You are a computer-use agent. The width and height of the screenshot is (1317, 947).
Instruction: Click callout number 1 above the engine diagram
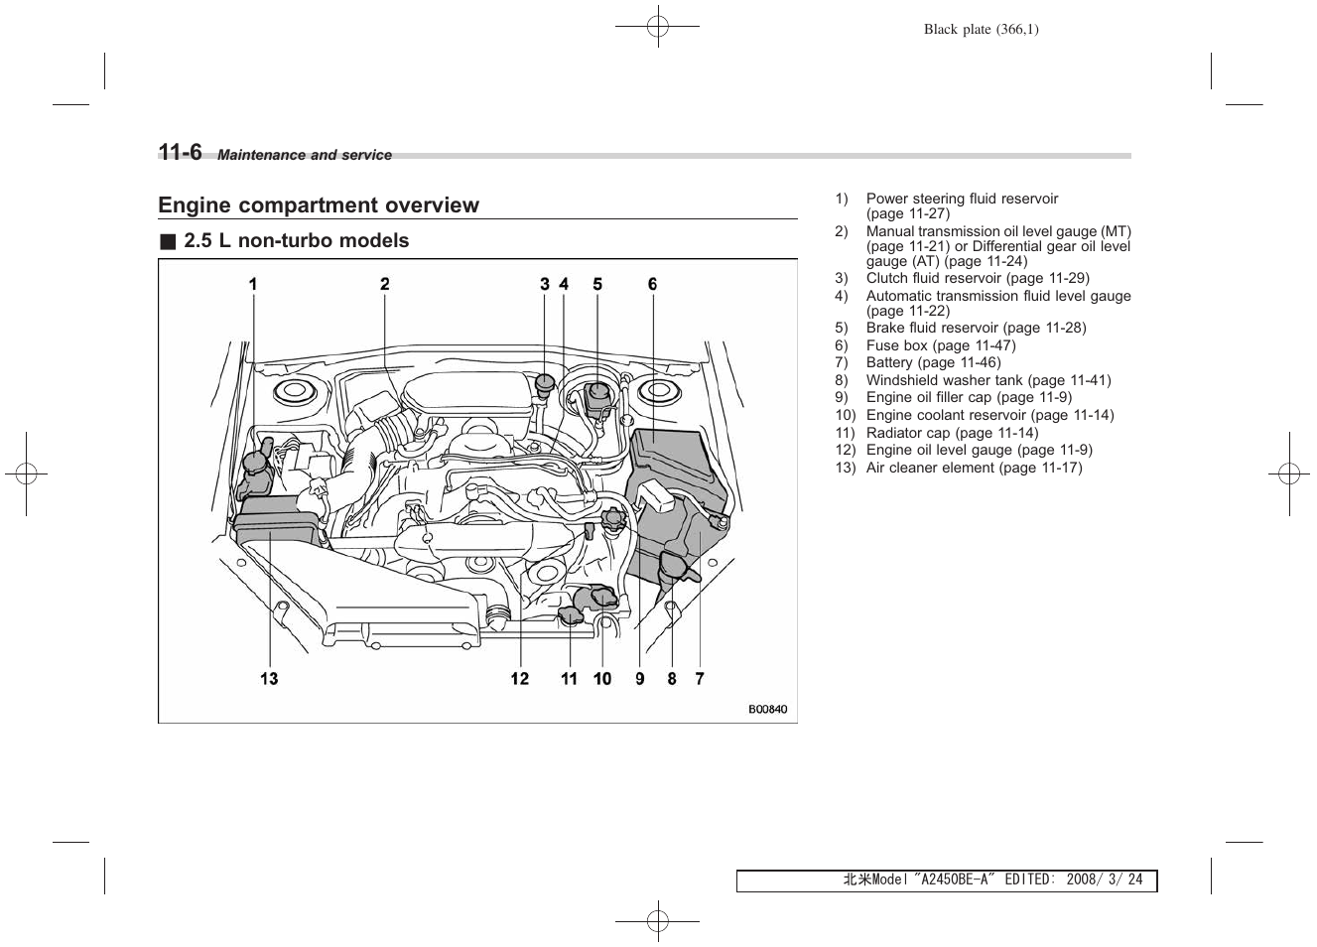tap(253, 285)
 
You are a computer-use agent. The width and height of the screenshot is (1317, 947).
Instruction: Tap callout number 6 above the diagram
tap(653, 285)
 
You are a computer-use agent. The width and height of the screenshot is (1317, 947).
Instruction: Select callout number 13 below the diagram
tap(269, 679)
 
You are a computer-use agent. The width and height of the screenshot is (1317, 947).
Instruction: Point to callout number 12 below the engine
tap(520, 679)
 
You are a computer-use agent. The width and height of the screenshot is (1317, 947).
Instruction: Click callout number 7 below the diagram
tap(700, 679)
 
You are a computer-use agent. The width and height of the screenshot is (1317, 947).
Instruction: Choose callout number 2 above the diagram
tap(385, 285)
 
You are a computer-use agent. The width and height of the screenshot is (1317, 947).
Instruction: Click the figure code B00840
tap(767, 710)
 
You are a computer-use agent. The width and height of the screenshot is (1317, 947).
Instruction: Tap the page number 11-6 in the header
tap(180, 152)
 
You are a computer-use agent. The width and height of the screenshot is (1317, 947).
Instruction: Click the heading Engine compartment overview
tap(319, 205)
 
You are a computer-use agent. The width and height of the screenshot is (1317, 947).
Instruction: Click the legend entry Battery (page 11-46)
tap(933, 363)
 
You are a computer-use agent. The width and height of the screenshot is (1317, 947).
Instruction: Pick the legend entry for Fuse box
tap(940, 345)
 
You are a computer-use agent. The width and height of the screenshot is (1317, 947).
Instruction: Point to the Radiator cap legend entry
tap(952, 433)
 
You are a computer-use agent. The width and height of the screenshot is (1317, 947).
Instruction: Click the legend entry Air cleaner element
tap(974, 468)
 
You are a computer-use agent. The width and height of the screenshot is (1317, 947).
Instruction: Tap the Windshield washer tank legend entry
tap(988, 380)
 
